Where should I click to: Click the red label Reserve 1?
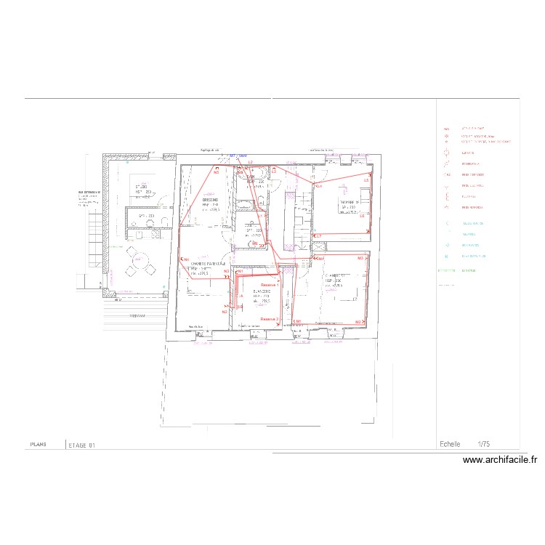pyautogui.click(x=270, y=286)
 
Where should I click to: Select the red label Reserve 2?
pyautogui.click(x=270, y=319)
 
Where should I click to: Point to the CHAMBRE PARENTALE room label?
pyautogui.click(x=209, y=264)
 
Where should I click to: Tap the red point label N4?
pyautogui.click(x=186, y=260)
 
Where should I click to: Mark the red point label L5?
pyautogui.click(x=366, y=179)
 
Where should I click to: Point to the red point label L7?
pyautogui.click(x=318, y=235)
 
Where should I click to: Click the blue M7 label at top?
pyautogui.click(x=233, y=156)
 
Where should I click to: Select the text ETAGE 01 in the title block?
pyautogui.click(x=81, y=445)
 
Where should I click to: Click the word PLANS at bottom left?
pyautogui.click(x=39, y=444)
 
